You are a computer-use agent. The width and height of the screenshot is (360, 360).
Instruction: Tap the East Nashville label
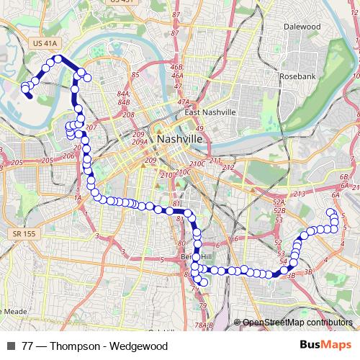click(210, 113)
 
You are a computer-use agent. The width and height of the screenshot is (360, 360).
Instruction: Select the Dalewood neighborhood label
click(302, 27)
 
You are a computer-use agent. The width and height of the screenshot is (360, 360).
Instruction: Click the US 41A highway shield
click(45, 45)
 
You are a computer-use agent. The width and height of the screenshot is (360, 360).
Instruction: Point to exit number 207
click(90, 127)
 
